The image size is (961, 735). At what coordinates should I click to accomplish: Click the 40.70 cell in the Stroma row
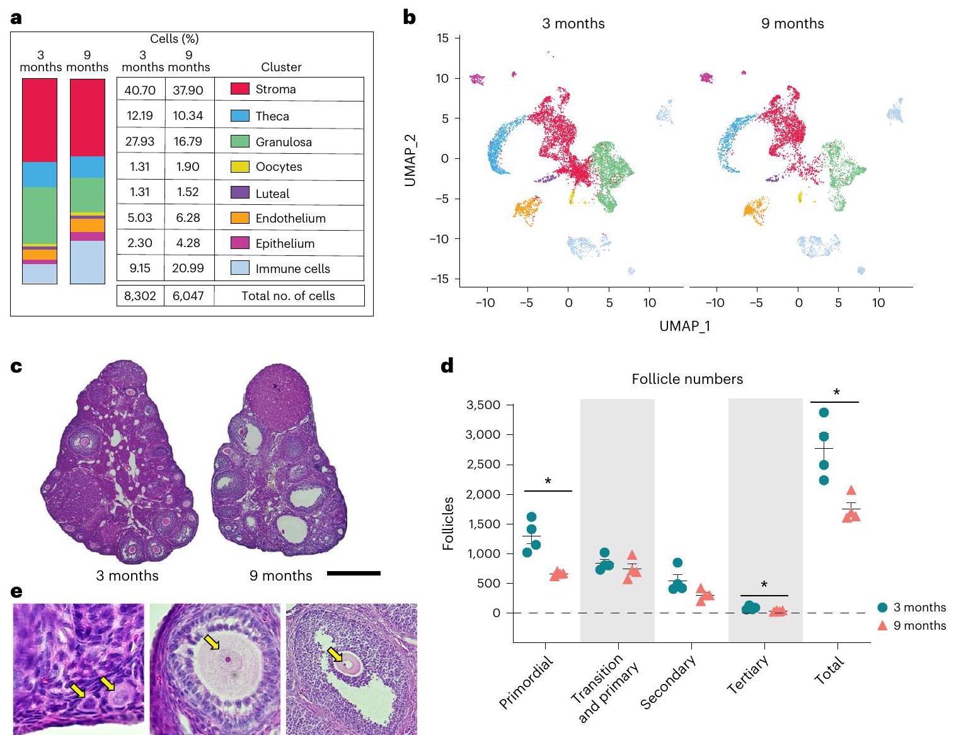tap(140, 90)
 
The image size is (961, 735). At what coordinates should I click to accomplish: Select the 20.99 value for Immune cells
tap(188, 269)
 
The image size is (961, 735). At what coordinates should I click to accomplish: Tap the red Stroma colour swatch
tap(240, 89)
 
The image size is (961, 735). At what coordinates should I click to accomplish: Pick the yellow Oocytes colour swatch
tap(240, 167)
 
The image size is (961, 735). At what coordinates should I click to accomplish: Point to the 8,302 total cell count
tap(140, 296)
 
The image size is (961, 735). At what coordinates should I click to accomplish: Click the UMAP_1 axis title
tap(684, 326)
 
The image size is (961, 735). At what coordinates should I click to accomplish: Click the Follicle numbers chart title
tap(687, 379)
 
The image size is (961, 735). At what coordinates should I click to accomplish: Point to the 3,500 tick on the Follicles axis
tap(483, 405)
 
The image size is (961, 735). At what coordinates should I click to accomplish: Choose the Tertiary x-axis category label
tap(748, 674)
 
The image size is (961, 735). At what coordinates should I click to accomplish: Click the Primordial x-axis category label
tap(526, 682)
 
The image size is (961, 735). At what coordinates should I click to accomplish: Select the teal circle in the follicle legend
tap(882, 608)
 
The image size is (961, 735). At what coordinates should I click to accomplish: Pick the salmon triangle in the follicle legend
tap(882, 625)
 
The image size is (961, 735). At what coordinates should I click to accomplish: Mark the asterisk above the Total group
tap(836, 393)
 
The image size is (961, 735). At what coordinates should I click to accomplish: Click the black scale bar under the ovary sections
tap(354, 573)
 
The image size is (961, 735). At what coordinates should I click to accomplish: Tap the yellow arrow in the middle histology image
tap(212, 642)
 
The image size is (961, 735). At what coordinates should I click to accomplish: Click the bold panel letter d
tap(447, 366)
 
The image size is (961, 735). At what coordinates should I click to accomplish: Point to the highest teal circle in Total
tap(824, 413)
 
